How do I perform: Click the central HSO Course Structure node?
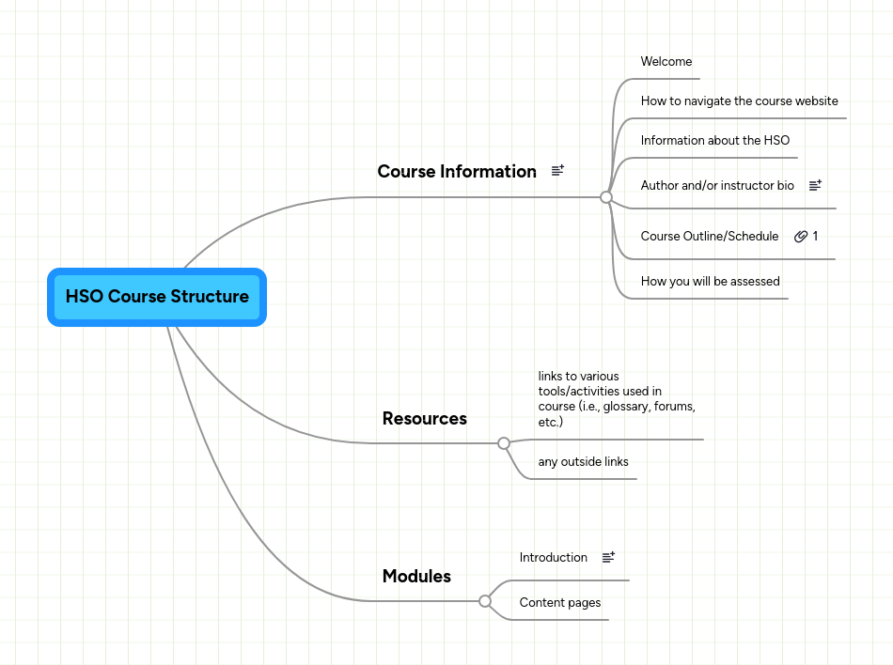(157, 297)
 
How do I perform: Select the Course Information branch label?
(457, 171)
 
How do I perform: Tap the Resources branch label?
(424, 418)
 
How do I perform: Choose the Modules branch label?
(416, 576)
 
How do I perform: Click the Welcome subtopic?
(666, 62)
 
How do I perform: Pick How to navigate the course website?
(739, 101)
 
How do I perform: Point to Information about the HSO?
(714, 141)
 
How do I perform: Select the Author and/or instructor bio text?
(717, 186)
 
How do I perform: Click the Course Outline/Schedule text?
(709, 237)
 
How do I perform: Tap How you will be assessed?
(710, 281)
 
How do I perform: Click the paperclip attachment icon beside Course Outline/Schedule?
(801, 237)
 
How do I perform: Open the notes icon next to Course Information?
(557, 171)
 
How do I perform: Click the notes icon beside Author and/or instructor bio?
(815, 186)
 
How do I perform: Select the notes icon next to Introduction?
(608, 557)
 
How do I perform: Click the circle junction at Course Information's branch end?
(606, 197)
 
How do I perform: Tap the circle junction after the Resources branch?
(504, 443)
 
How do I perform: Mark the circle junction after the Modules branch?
(485, 601)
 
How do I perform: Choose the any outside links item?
(583, 462)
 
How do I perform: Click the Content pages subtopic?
(559, 603)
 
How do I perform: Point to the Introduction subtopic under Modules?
(553, 558)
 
